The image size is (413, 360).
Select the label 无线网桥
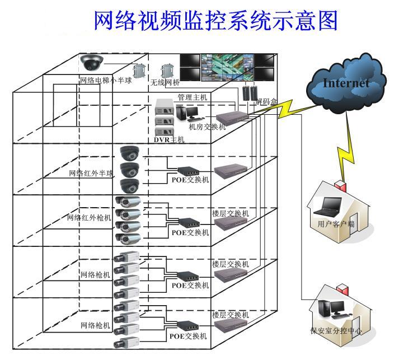pyautogui.click(x=165, y=83)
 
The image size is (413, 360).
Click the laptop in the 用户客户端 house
pyautogui.click(x=328, y=208)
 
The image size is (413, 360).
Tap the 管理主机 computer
pyautogui.click(x=187, y=113)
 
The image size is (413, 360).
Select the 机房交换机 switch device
pyautogui.click(x=231, y=117)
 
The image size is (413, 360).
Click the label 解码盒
pyautogui.click(x=267, y=102)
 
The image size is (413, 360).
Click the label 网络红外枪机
pyautogui.click(x=90, y=218)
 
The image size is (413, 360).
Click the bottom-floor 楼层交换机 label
pyautogui.click(x=230, y=315)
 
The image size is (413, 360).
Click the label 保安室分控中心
pyautogui.click(x=336, y=331)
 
